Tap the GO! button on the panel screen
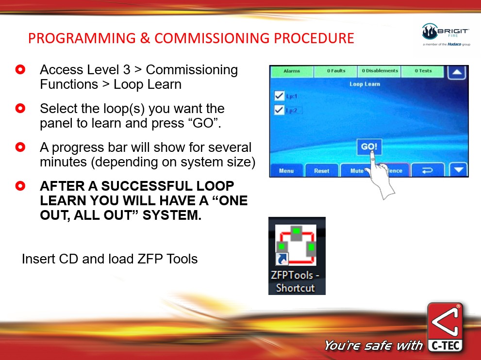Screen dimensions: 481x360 (369, 147)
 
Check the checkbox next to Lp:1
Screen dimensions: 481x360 (279, 96)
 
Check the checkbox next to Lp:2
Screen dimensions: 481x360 (279, 110)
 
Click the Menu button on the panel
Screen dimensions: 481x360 (286, 170)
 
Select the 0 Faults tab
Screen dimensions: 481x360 (336, 71)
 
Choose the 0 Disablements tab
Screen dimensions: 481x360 (380, 71)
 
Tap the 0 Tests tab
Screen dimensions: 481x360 (423, 71)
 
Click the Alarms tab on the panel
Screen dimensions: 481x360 (292, 71)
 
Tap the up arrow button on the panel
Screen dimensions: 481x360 (457, 72)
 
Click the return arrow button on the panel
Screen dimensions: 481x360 (427, 170)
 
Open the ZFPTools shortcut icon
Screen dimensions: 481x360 (297, 256)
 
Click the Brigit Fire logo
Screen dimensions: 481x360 (446, 34)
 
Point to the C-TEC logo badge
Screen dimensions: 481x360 (446, 327)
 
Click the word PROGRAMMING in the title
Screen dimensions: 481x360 (82, 38)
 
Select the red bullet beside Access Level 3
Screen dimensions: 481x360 (20, 69)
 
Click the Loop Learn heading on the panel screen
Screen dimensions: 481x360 (365, 84)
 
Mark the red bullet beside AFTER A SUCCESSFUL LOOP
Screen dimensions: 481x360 (20, 186)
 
